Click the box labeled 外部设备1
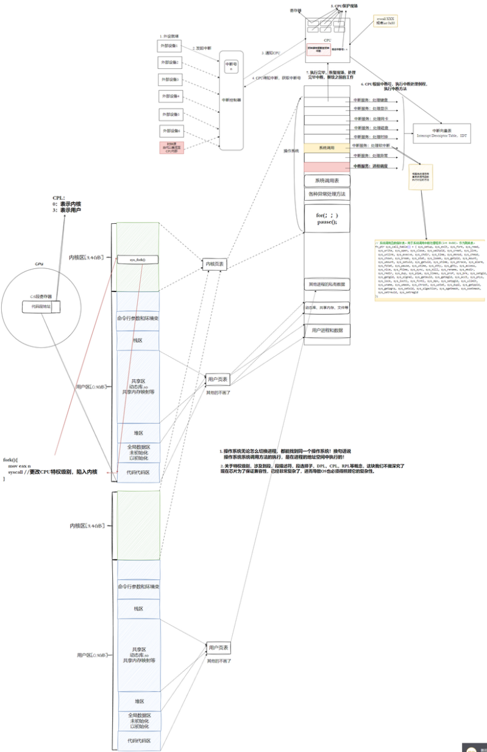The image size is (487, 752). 169,45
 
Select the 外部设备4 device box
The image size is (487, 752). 170,96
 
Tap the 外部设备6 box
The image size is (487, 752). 171,131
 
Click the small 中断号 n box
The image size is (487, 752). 231,66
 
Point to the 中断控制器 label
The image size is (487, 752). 231,99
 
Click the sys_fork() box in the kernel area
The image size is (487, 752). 138,260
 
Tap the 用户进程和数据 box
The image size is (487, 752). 327,330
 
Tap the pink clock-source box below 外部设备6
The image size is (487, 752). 170,147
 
